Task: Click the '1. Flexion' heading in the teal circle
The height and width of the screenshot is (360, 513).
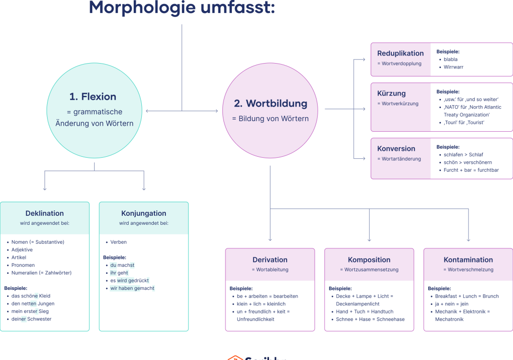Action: [x=93, y=97]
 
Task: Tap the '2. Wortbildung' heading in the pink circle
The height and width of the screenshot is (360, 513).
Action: [x=270, y=104]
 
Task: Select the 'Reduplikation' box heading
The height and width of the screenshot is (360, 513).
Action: [x=400, y=54]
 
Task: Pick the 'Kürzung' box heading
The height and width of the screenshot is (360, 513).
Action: [x=391, y=94]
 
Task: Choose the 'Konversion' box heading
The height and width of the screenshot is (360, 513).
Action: [x=396, y=149]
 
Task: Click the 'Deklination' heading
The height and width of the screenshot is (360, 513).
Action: [x=45, y=213]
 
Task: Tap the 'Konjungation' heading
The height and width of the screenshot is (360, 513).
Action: [x=144, y=213]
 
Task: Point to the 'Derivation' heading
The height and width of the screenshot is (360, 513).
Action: [x=270, y=260]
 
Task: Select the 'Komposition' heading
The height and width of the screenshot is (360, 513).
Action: [x=369, y=260]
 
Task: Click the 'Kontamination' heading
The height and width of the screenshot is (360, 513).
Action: [x=468, y=260]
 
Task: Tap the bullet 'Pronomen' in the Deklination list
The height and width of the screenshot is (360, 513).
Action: [x=23, y=265]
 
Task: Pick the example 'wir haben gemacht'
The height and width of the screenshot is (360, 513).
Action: [x=132, y=288]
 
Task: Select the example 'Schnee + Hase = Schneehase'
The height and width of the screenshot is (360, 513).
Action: [x=370, y=319]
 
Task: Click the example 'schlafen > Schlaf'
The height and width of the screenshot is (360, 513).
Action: [x=463, y=155]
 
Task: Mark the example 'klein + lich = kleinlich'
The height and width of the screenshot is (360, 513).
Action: [x=261, y=304]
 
